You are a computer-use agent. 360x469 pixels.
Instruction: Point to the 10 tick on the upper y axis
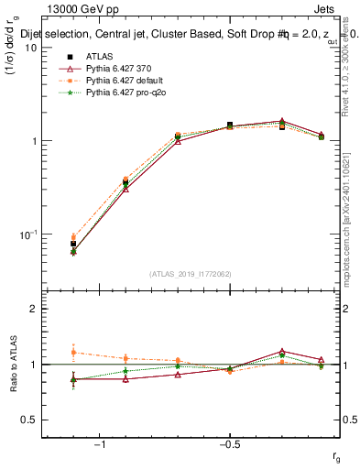click(30, 48)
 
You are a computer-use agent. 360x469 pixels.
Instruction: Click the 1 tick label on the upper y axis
click(33, 141)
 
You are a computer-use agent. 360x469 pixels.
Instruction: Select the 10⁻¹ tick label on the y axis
click(28, 234)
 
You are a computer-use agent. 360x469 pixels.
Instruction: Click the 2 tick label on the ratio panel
click(33, 309)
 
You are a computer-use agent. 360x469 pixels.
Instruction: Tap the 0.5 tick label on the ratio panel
click(28, 420)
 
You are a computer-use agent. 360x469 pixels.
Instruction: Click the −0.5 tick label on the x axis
click(229, 445)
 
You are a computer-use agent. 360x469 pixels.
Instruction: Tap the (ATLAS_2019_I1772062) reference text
click(191, 273)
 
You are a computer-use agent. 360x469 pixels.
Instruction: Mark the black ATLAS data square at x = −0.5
click(230, 125)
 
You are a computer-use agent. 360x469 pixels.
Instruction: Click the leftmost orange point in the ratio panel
click(73, 352)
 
